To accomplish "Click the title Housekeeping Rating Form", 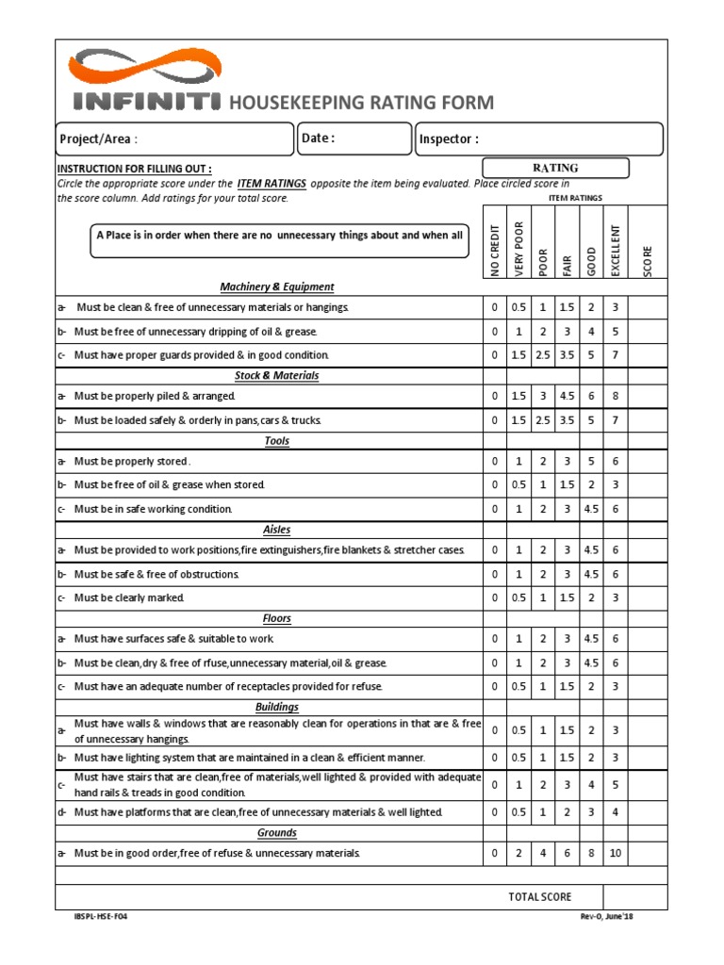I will (361, 103).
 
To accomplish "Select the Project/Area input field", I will (175, 139).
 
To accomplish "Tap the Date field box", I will (355, 139).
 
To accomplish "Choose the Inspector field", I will (539, 139).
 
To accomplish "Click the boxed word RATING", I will (555, 168).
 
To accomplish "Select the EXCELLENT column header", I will (615, 250).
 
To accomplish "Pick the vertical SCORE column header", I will (648, 261).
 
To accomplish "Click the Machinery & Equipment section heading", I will (277, 286).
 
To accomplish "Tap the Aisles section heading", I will (276, 530).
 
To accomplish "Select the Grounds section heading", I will (277, 833).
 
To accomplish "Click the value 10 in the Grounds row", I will (615, 854).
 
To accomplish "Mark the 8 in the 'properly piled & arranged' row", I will (615, 397).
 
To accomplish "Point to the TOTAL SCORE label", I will (540, 897).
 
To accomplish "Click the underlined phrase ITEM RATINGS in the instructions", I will (271, 184).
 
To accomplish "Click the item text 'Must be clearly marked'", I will (129, 598).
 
